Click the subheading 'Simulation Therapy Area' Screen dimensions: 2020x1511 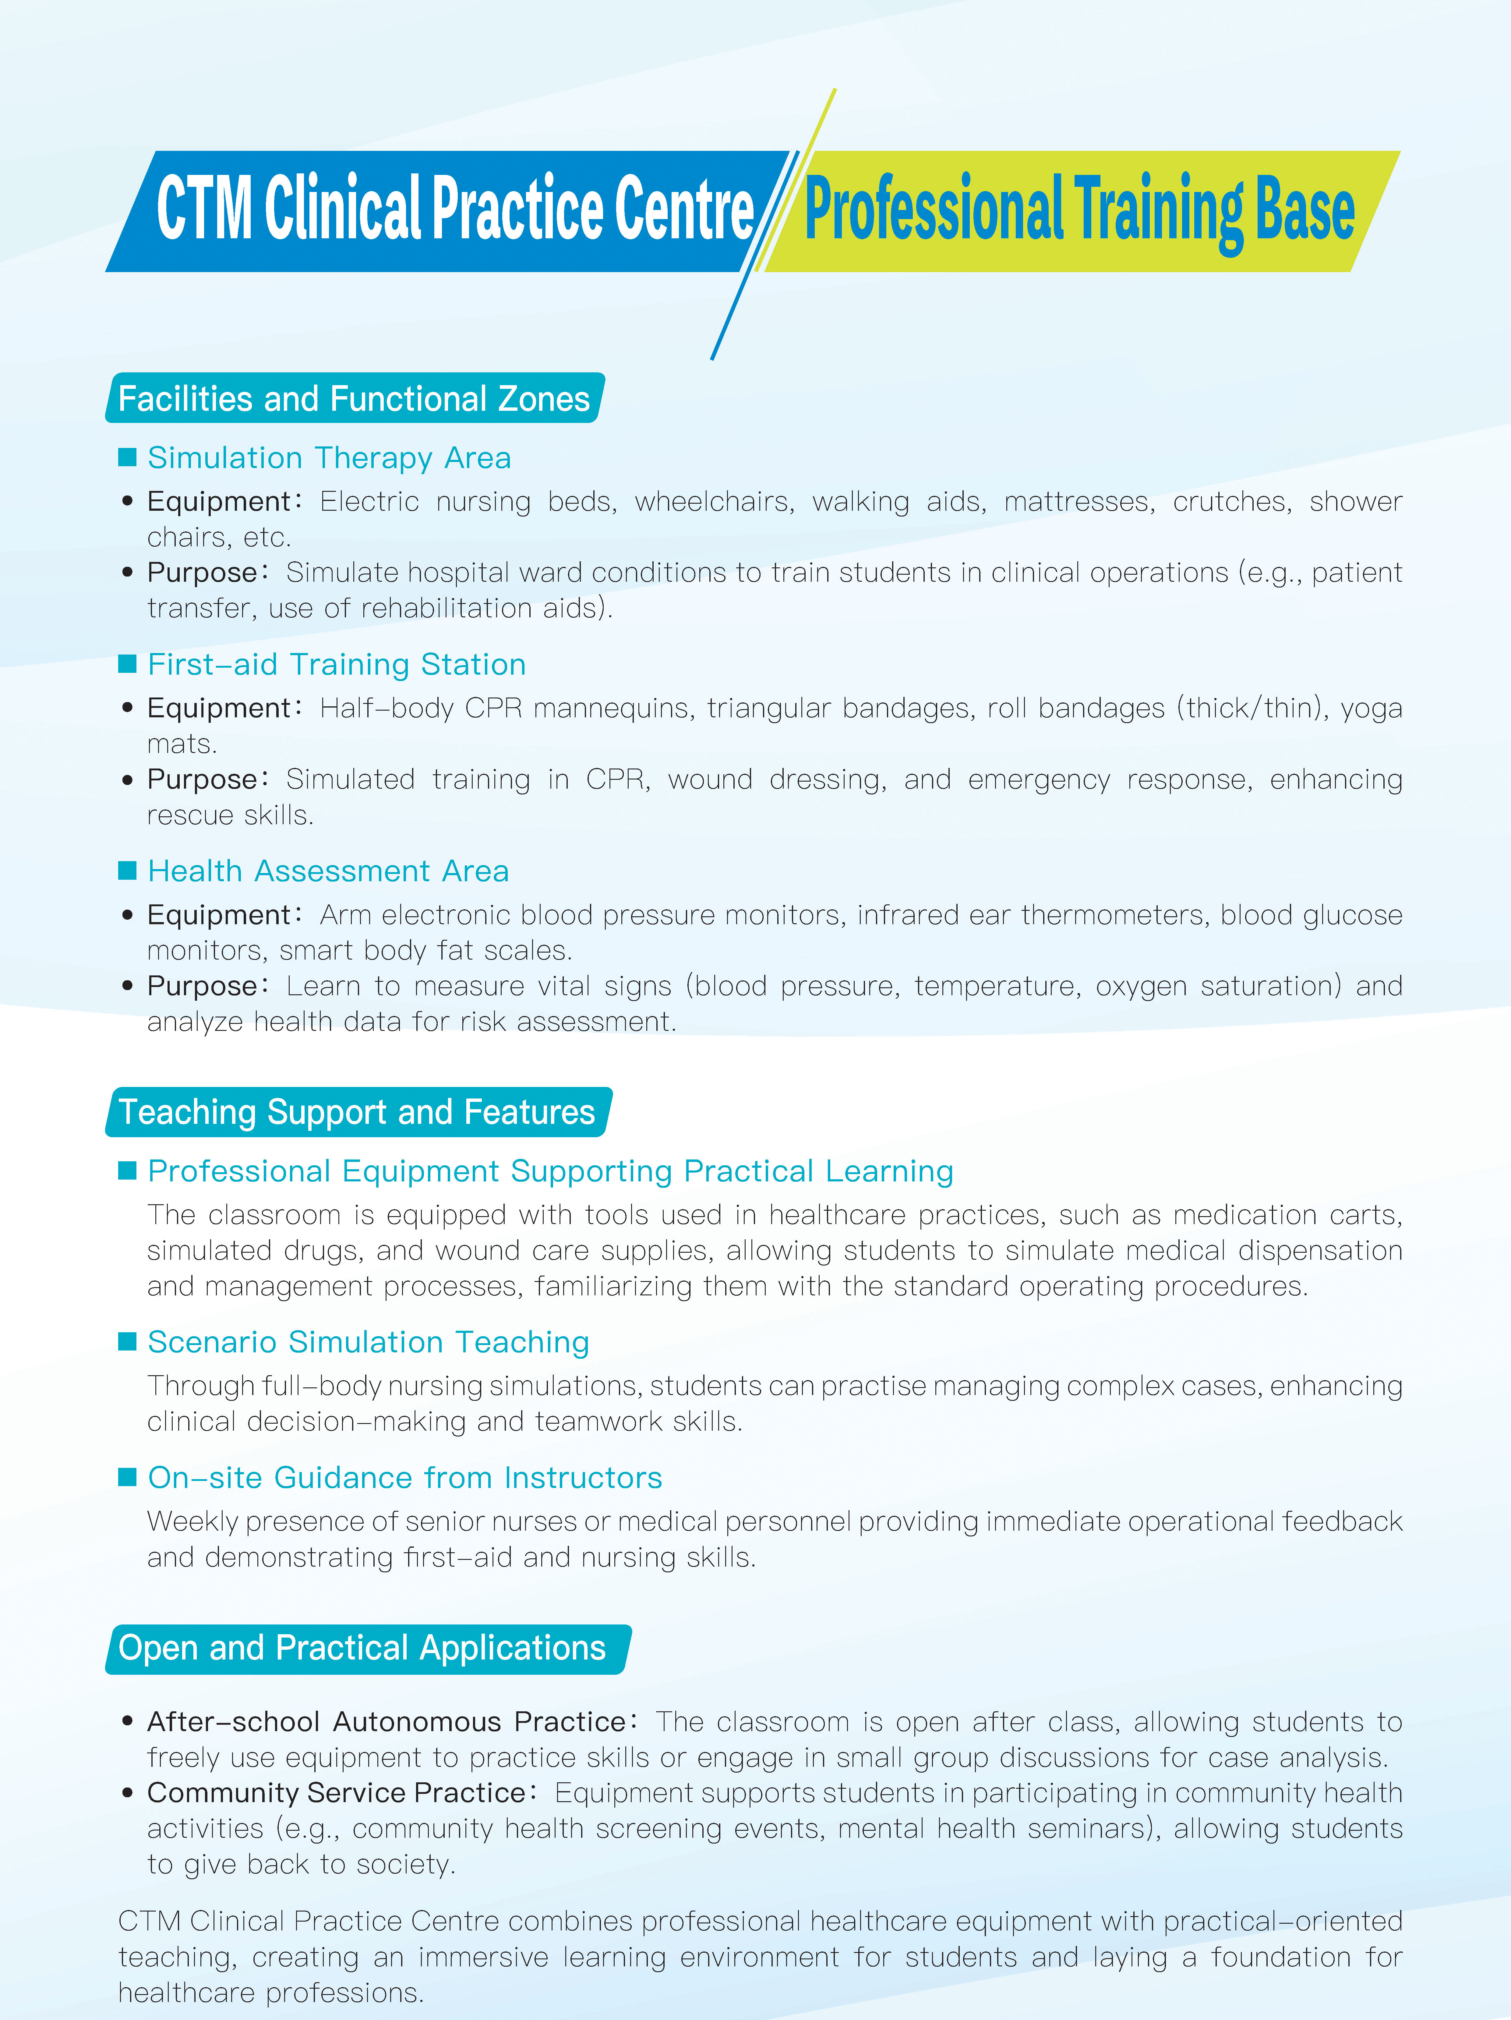pyautogui.click(x=329, y=457)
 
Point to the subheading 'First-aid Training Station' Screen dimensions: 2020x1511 pyautogui.click(x=336, y=664)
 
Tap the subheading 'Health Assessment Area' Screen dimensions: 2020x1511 pyautogui.click(x=328, y=871)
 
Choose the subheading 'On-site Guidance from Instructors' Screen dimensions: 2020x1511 pyautogui.click(x=404, y=1478)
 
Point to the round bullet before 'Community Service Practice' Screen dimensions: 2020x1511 pyautogui.click(x=128, y=1793)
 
